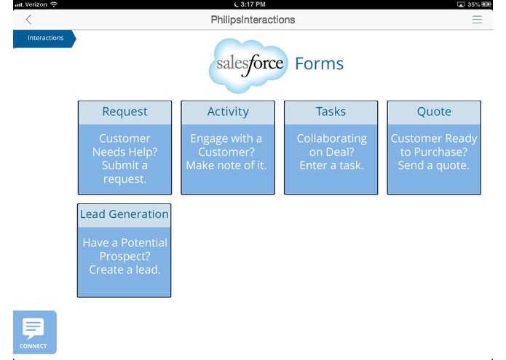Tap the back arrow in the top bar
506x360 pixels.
coord(28,20)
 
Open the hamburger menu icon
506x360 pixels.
coord(477,20)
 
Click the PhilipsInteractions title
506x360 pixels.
coord(253,20)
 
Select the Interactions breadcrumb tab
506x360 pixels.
coord(44,38)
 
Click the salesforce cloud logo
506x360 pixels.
coord(248,65)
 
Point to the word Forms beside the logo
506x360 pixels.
coord(319,64)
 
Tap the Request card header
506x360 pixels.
coord(124,112)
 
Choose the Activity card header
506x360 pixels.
coord(228,112)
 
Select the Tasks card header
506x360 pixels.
coord(331,112)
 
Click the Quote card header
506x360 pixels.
coord(434,112)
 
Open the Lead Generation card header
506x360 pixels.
coord(124,214)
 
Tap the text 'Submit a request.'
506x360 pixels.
coord(124,172)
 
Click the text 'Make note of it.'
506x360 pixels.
coord(227,165)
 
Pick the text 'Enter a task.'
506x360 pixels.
coord(331,165)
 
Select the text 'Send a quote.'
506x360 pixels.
coord(434,165)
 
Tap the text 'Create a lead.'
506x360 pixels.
coord(124,270)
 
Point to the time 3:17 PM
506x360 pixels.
coord(253,4)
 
